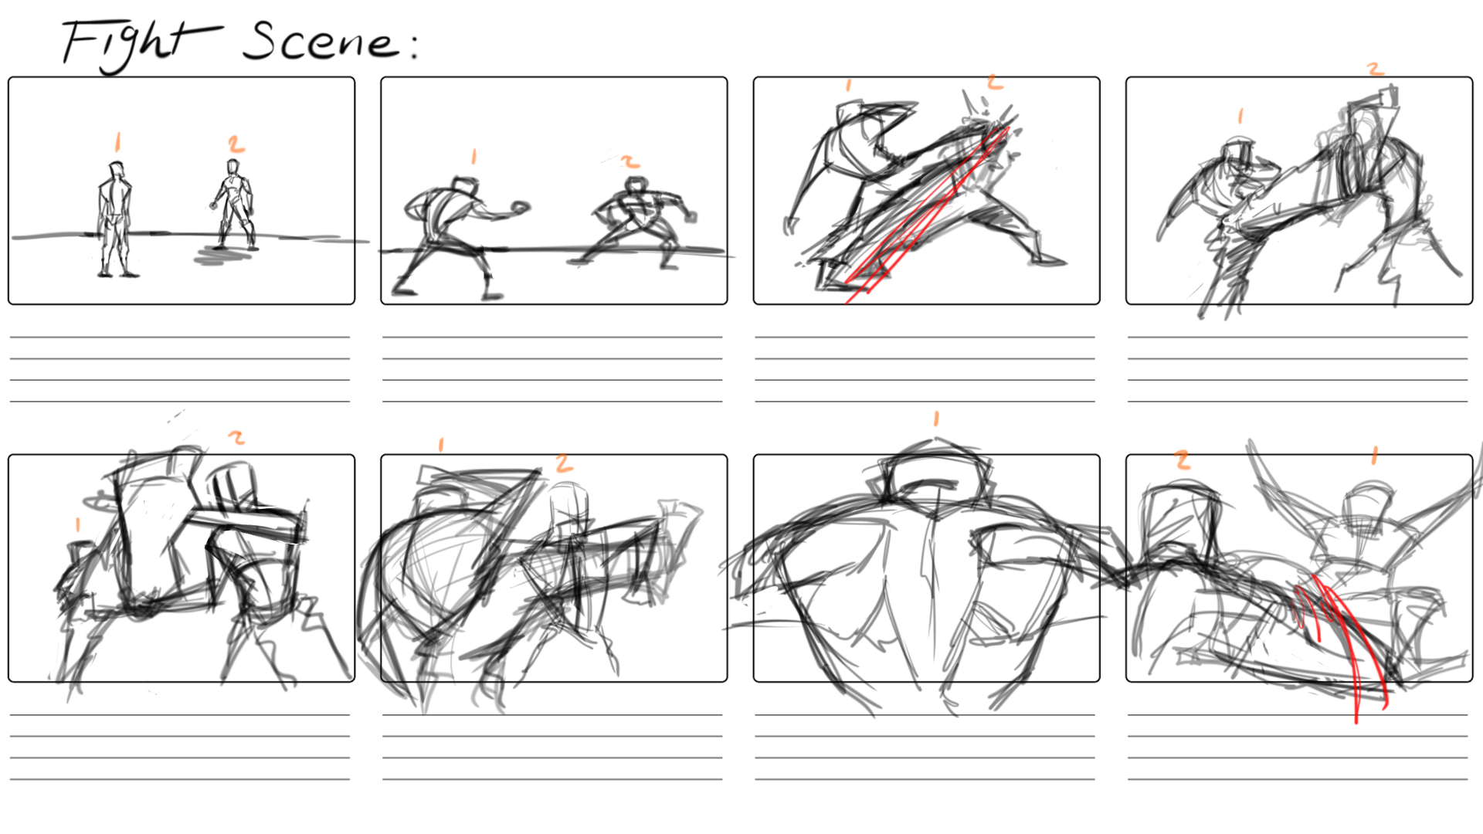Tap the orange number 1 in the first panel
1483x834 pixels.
pyautogui.click(x=117, y=141)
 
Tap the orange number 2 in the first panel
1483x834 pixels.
pyautogui.click(x=236, y=144)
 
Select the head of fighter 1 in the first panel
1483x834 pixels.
pyautogui.click(x=116, y=170)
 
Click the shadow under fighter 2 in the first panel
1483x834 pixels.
pyautogui.click(x=224, y=256)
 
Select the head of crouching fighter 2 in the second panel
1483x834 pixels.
pyautogui.click(x=635, y=186)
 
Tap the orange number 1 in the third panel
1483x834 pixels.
pyautogui.click(x=848, y=85)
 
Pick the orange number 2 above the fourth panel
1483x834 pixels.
pyautogui.click(x=1375, y=69)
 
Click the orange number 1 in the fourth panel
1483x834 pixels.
pyautogui.click(x=1240, y=117)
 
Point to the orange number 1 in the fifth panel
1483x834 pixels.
pyautogui.click(x=77, y=525)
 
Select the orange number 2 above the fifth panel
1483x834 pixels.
pyautogui.click(x=236, y=438)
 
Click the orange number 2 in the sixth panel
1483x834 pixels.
pyautogui.click(x=565, y=463)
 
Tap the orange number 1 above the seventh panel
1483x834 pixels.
pyautogui.click(x=936, y=419)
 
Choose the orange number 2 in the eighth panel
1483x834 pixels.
pyautogui.click(x=1182, y=461)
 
